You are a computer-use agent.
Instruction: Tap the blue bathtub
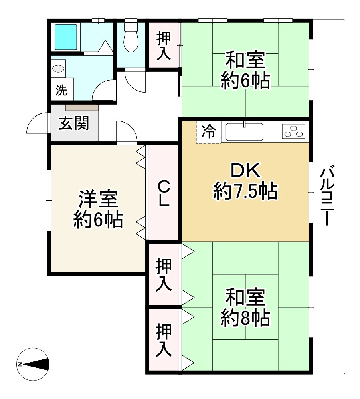click(65, 37)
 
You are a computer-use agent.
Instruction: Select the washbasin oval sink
click(59, 69)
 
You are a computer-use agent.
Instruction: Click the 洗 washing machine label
click(61, 90)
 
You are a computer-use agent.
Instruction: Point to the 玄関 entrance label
click(74, 123)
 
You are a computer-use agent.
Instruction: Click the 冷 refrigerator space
click(208, 132)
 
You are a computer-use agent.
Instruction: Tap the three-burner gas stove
click(293, 131)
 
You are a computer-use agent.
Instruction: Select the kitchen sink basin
click(244, 132)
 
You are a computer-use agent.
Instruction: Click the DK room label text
click(245, 171)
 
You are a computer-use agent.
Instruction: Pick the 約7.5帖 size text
click(245, 191)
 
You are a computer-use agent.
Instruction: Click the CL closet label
click(164, 193)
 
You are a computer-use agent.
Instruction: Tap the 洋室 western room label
click(98, 199)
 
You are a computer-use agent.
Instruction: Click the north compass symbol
click(33, 364)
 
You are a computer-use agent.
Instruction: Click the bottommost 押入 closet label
click(164, 340)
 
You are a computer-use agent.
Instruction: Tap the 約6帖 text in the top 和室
click(245, 81)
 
